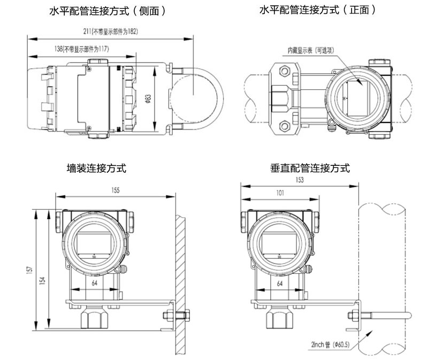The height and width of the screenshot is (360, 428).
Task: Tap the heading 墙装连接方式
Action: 96,168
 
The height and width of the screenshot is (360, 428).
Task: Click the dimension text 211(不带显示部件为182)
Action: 114,32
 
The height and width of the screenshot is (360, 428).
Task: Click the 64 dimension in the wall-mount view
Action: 94,283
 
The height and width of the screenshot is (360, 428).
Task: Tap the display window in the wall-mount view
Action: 94,241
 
